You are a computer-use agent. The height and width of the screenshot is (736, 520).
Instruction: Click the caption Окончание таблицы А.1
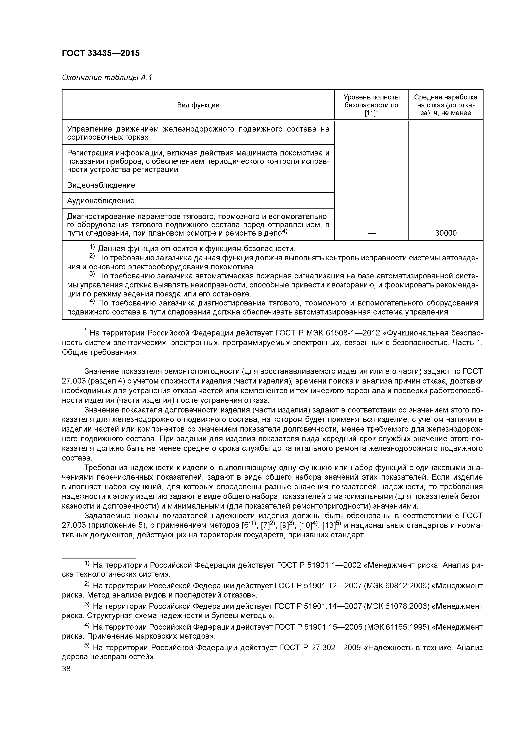pos(107,78)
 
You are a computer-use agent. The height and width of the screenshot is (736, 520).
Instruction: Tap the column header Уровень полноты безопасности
pos(371,105)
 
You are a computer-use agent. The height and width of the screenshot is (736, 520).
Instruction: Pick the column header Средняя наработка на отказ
pos(445,105)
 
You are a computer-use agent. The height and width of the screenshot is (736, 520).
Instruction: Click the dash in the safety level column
pos(371,233)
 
